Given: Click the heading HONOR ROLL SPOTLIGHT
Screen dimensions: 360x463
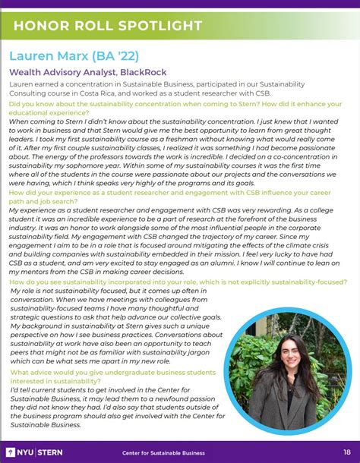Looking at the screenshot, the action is pyautogui.click(x=107, y=27).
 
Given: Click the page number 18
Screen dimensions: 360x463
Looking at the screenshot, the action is pyautogui.click(x=346, y=452).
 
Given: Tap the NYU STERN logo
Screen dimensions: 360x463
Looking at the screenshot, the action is pyautogui.click(x=35, y=452).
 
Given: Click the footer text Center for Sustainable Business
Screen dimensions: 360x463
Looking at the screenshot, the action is pyautogui.click(x=164, y=453).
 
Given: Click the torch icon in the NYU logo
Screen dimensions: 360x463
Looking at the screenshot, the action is pyautogui.click(x=11, y=452).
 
